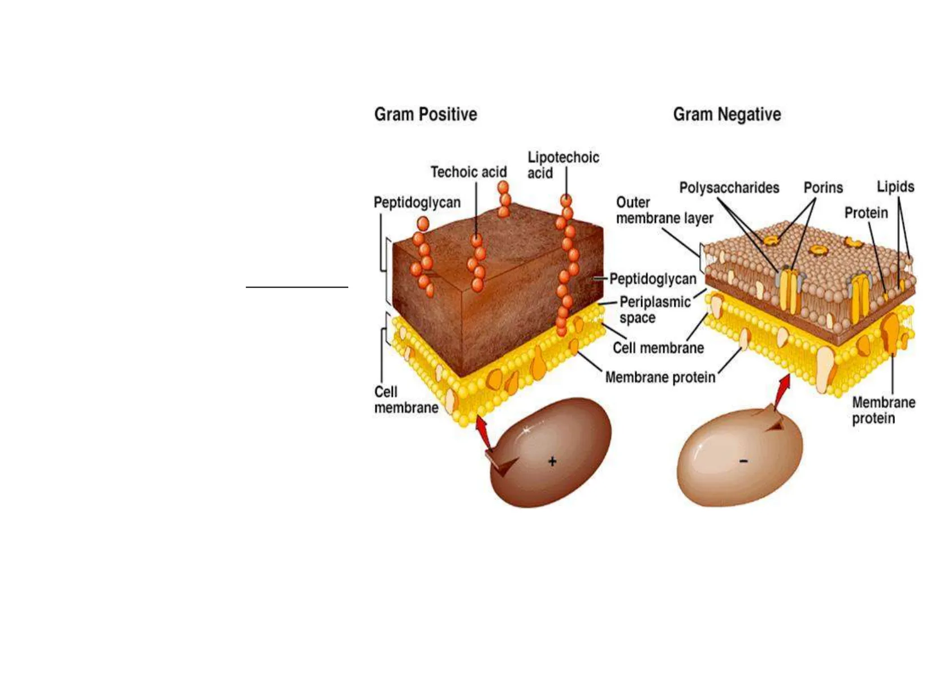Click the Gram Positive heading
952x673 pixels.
tap(425, 114)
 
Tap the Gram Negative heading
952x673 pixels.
tap(726, 115)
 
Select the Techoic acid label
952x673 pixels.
tap(468, 172)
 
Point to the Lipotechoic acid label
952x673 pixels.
tap(562, 165)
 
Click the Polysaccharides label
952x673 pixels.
tap(729, 188)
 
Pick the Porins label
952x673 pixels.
tap(823, 188)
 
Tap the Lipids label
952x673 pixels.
tap(895, 186)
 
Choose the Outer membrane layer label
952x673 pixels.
tap(664, 210)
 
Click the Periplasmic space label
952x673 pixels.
tap(655, 310)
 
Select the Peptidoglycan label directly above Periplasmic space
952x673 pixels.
tap(652, 279)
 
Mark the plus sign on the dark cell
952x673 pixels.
tap(552, 462)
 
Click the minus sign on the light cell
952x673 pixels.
tap(743, 462)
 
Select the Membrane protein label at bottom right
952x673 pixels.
tap(884, 410)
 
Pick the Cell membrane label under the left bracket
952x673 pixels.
tap(405, 400)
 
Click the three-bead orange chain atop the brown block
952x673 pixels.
tap(504, 199)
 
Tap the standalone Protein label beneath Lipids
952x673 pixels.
tap(866, 213)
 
